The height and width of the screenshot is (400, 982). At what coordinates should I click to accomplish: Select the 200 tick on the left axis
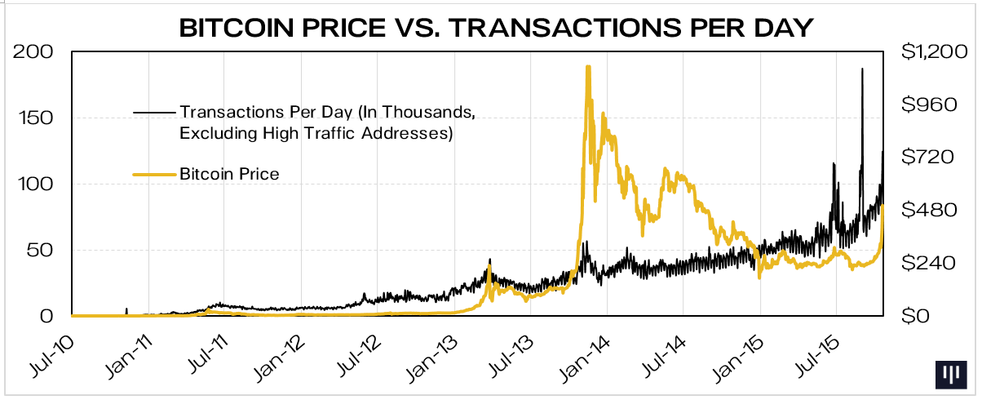(x=34, y=53)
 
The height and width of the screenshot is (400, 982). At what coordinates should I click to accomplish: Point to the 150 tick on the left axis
(x=34, y=119)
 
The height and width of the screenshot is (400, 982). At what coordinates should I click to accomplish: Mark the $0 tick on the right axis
(x=913, y=316)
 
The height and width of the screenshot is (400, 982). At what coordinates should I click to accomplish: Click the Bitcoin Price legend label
(x=229, y=174)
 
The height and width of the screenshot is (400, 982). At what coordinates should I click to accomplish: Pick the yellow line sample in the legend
(x=153, y=174)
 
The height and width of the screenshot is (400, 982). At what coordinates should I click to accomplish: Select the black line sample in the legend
(x=153, y=111)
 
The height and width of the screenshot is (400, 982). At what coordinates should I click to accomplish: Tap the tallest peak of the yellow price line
(x=587, y=68)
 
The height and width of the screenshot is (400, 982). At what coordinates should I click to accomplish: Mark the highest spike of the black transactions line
(x=862, y=70)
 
